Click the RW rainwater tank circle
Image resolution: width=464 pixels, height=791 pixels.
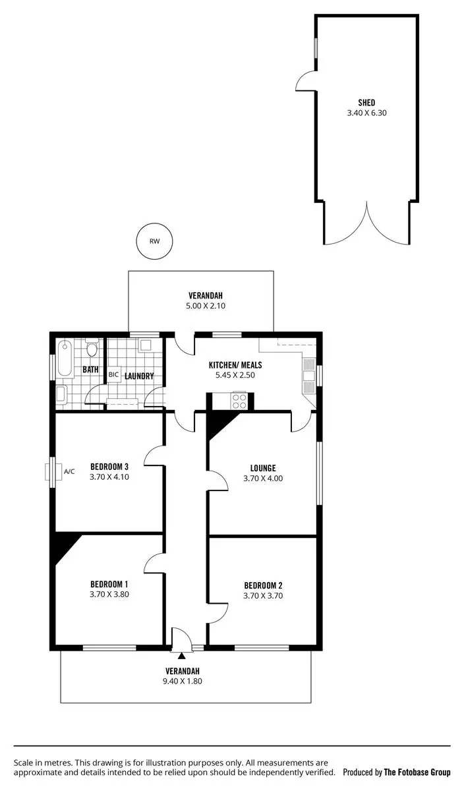pyautogui.click(x=154, y=241)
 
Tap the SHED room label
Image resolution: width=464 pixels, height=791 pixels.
pyautogui.click(x=366, y=102)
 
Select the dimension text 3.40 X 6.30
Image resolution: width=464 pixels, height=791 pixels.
pyautogui.click(x=366, y=113)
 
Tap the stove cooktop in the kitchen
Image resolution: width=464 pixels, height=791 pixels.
pyautogui.click(x=239, y=400)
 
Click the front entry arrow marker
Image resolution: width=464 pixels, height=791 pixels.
pyautogui.click(x=181, y=655)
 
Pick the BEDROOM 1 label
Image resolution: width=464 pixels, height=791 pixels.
pyautogui.click(x=109, y=584)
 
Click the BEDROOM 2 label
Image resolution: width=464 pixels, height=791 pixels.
pyautogui.click(x=263, y=585)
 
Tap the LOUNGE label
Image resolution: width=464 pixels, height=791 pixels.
pyautogui.click(x=263, y=469)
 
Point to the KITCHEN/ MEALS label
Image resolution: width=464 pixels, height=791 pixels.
pyautogui.click(x=235, y=365)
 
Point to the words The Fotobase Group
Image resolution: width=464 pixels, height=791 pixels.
pyautogui.click(x=417, y=772)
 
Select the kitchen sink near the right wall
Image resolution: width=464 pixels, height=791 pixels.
pyautogui.click(x=308, y=376)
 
